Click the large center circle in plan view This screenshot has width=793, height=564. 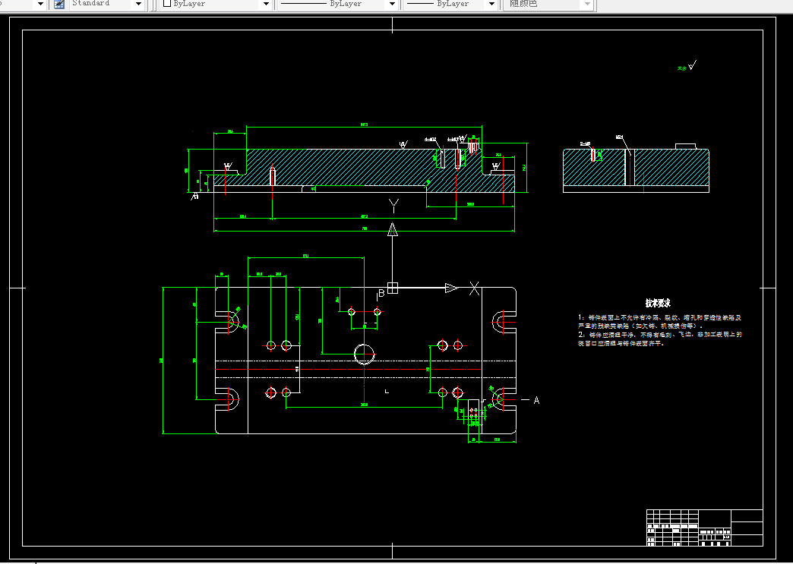coord(365,353)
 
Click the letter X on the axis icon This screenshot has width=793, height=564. coord(475,288)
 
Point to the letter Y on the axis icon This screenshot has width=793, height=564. coord(393,205)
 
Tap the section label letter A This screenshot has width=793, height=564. coord(536,400)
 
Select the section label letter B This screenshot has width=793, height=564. coord(381,294)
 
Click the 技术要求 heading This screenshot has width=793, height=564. coord(658,303)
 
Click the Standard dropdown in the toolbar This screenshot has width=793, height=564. coord(106,4)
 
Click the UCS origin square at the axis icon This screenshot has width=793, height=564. coord(393,288)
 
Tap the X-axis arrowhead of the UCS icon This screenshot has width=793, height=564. coord(452,288)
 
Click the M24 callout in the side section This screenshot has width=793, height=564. coord(620,137)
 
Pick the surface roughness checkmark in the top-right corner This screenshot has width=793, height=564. coord(691,66)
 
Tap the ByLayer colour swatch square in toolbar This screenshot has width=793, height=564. coord(167,4)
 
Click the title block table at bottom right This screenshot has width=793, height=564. coord(704,528)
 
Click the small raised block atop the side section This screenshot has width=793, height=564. coord(686,146)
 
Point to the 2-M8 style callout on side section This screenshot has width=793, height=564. coord(586,143)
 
